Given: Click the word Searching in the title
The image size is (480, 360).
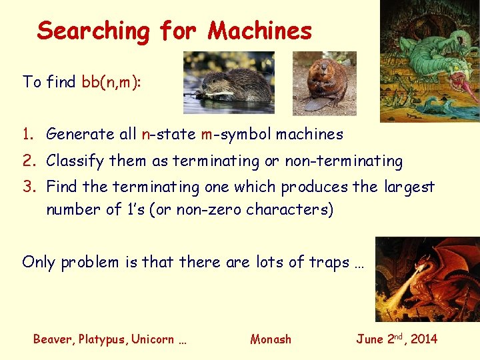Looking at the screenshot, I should click(x=94, y=31).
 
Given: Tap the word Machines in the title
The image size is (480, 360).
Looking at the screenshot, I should click(x=260, y=31).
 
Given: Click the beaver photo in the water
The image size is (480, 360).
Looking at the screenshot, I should click(x=229, y=83).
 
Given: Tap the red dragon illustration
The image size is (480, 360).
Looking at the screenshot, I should click(x=427, y=279).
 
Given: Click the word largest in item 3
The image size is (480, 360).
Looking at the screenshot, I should click(x=409, y=187).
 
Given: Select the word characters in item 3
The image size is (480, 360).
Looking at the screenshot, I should click(x=289, y=209).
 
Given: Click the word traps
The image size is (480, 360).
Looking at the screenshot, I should click(x=330, y=262).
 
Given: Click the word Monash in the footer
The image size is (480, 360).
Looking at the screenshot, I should click(x=271, y=339).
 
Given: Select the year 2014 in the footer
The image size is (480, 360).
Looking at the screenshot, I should click(x=424, y=339).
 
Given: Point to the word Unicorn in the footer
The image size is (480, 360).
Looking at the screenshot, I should click(x=154, y=339).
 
